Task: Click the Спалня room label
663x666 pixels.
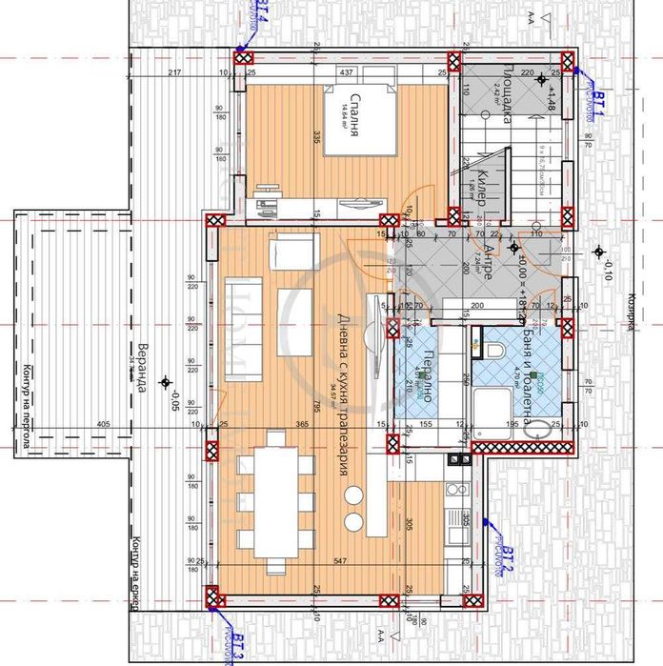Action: click(x=353, y=125)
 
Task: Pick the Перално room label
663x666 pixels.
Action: click(x=428, y=369)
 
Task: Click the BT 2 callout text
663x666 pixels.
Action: click(x=509, y=561)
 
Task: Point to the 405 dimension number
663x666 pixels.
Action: click(x=103, y=424)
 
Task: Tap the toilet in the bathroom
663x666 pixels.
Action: click(x=493, y=350)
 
